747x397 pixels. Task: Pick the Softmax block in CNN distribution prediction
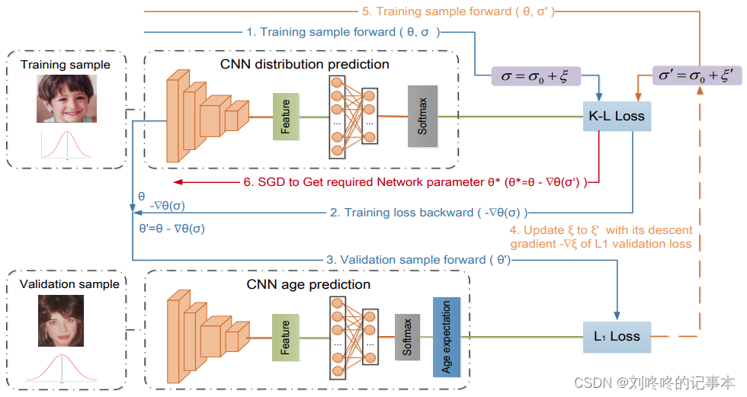[x=422, y=116]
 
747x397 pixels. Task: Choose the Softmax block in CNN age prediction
[x=407, y=336]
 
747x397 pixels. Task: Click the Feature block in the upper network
[x=285, y=117]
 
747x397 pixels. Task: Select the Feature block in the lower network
[x=285, y=336]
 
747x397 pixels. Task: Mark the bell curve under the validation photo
[x=61, y=367]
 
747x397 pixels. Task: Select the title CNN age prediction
[x=309, y=284]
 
